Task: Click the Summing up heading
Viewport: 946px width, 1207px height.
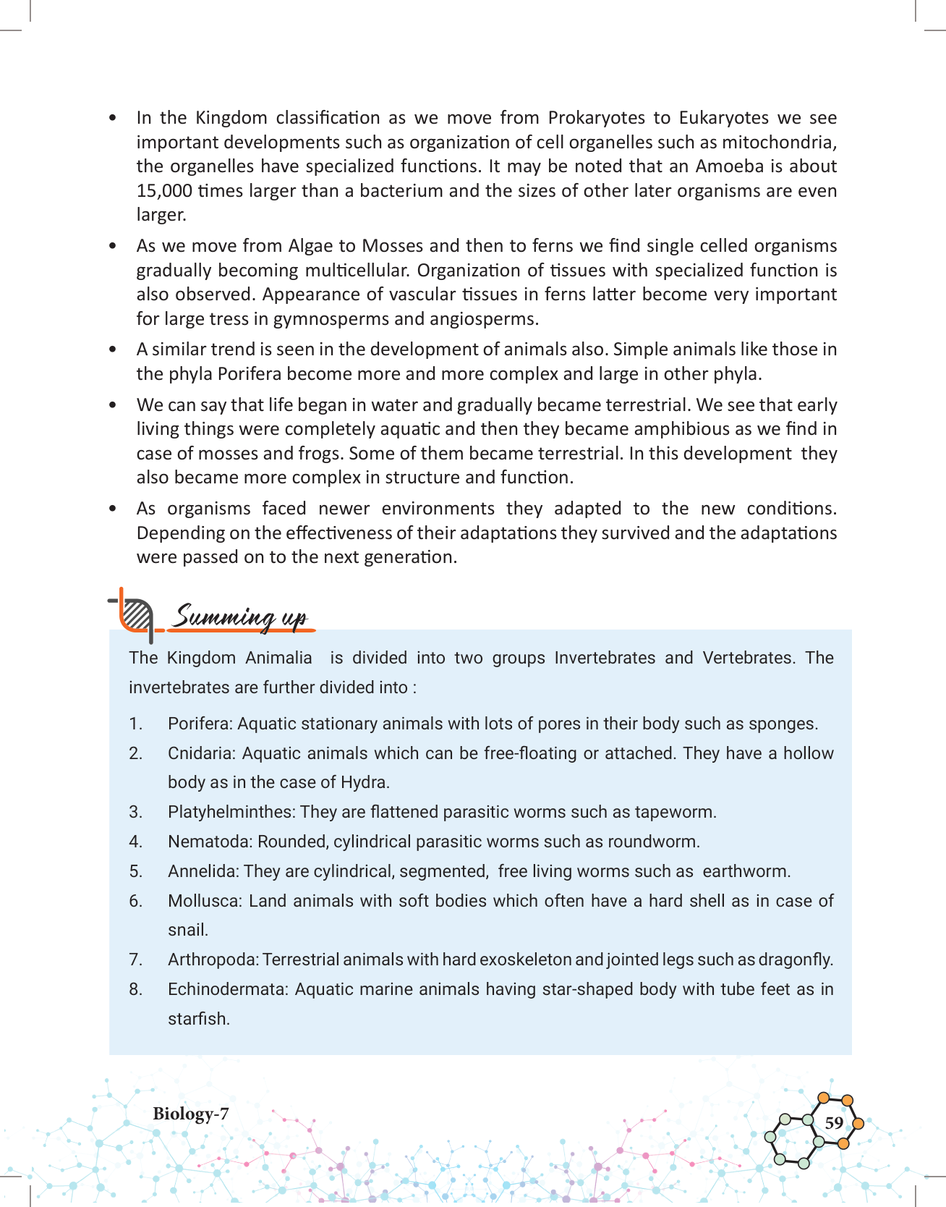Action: coord(241,617)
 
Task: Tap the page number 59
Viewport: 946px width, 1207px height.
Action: coord(834,1122)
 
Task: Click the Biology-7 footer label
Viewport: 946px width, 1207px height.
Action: coord(190,1114)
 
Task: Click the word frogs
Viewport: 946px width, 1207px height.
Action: coord(328,454)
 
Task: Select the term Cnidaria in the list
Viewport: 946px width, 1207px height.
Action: coord(200,753)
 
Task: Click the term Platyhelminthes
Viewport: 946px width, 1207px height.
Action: coord(231,812)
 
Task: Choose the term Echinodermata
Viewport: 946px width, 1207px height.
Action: coord(229,989)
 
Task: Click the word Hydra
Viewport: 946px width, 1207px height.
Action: coord(364,782)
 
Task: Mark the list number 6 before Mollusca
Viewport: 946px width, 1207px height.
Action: coord(135,901)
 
